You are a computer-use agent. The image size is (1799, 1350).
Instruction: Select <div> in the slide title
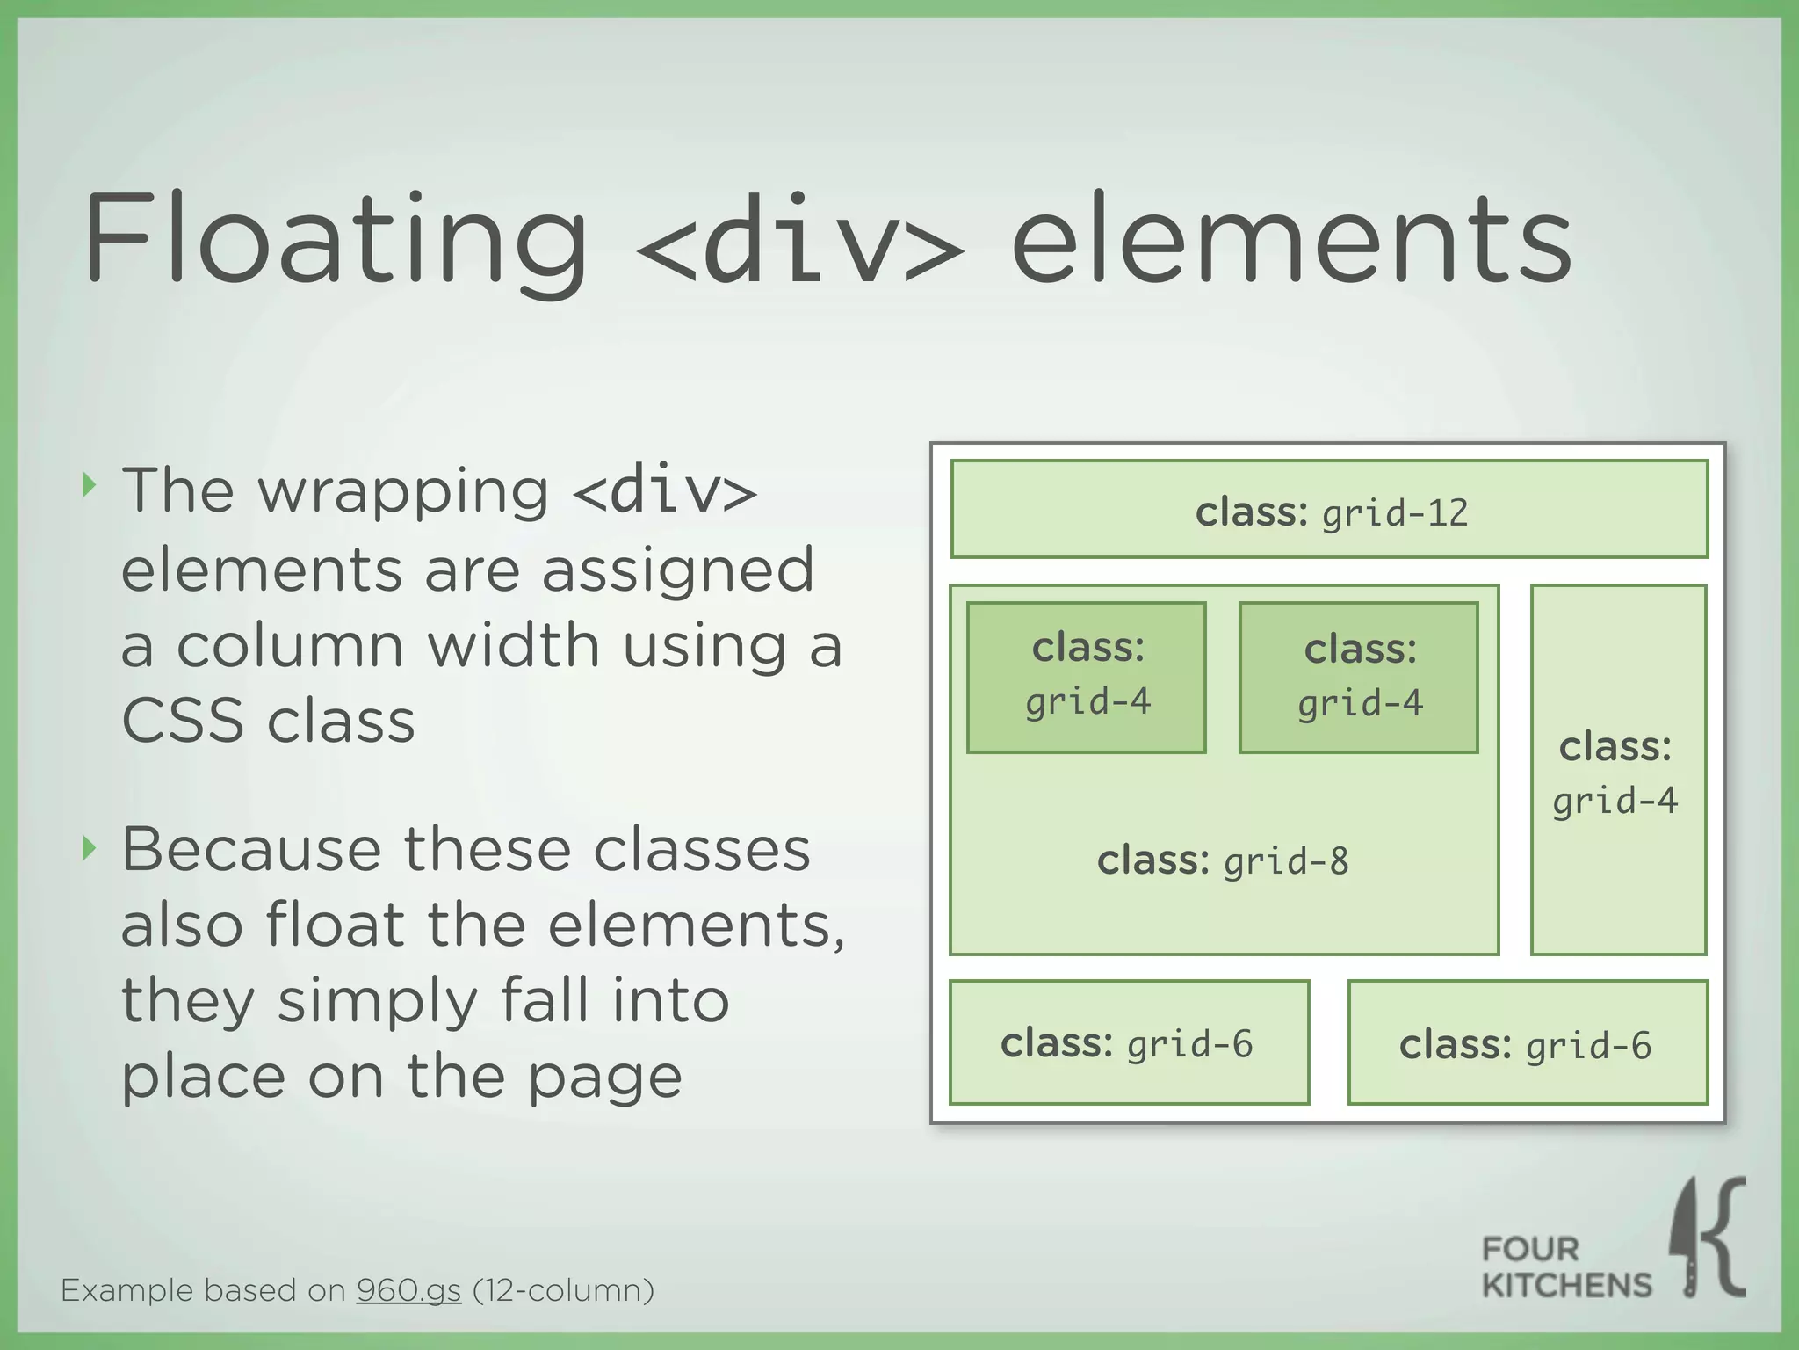(799, 242)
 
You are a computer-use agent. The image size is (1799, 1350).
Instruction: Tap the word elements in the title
(1291, 242)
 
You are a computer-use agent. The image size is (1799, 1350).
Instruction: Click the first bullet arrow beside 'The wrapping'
(87, 484)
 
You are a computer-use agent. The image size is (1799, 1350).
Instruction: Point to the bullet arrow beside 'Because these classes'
(87, 848)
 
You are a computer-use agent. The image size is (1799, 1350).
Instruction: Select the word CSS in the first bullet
(182, 721)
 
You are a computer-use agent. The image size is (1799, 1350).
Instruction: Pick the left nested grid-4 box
(1087, 677)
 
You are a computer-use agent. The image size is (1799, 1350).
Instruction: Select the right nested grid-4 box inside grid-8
(1359, 677)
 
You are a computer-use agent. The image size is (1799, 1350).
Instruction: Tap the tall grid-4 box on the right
(1618, 770)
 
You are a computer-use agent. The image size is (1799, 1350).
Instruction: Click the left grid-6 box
(1129, 1042)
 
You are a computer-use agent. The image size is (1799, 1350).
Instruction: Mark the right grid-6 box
(1528, 1042)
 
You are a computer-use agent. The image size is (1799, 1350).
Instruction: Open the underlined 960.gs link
(408, 1290)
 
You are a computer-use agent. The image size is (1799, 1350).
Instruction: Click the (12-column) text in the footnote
(563, 1290)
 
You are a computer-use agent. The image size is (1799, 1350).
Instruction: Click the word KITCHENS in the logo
(1566, 1285)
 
